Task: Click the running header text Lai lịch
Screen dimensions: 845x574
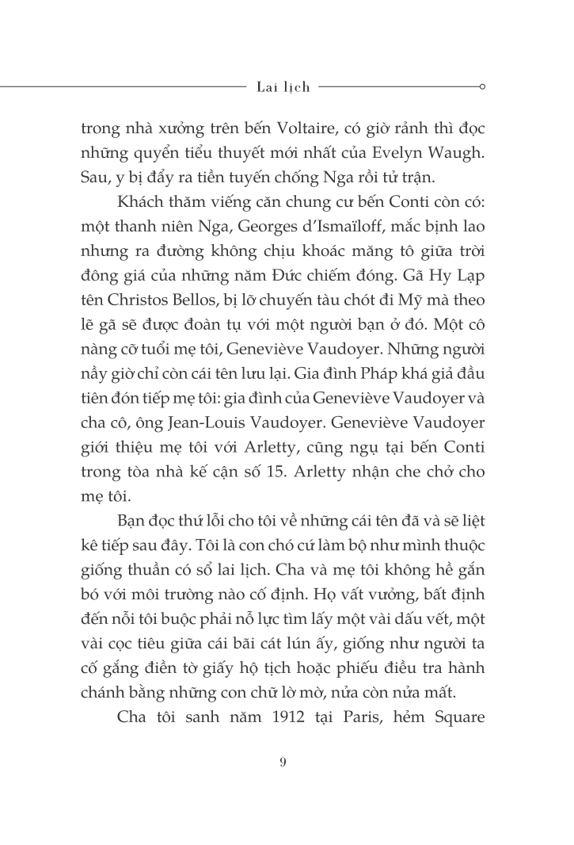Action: point(283,86)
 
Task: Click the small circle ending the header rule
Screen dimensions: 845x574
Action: point(483,86)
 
